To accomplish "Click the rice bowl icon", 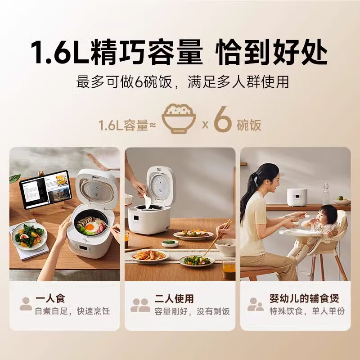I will pos(179,119).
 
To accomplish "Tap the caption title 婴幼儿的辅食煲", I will pos(304,298).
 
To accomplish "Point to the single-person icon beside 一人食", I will pos(26,304).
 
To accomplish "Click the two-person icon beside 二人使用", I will pos(140,305).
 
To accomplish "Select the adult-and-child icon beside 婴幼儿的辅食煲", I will pos(255,305).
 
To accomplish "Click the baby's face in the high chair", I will pos(328,216).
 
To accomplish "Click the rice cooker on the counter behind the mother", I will pos(297,197).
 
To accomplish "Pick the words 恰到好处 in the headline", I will pos(271,53).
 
